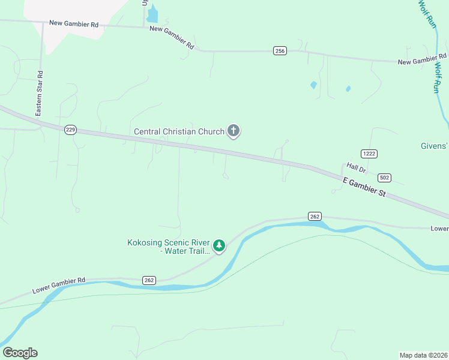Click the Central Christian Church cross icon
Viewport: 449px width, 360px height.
[234, 131]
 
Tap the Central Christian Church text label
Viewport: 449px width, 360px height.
[179, 131]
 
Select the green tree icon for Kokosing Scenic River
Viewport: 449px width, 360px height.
[219, 245]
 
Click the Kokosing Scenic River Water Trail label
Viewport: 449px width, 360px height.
[169, 247]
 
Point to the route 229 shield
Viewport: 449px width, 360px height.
[70, 130]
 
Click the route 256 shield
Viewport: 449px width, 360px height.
[280, 51]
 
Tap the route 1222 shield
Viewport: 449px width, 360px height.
[369, 154]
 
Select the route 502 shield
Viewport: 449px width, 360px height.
[385, 178]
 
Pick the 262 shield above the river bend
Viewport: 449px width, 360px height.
[316, 216]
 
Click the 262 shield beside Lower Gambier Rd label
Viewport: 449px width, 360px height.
[149, 280]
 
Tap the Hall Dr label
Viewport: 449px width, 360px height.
[356, 169]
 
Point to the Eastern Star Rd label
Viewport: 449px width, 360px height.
[40, 94]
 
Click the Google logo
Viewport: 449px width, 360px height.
[20, 353]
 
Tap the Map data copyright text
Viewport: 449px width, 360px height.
[423, 355]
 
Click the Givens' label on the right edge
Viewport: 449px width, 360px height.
[433, 146]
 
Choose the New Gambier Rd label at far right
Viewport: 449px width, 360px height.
[422, 60]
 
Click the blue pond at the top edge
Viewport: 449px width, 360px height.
[152, 14]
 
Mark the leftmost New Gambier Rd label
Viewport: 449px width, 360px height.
[74, 24]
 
